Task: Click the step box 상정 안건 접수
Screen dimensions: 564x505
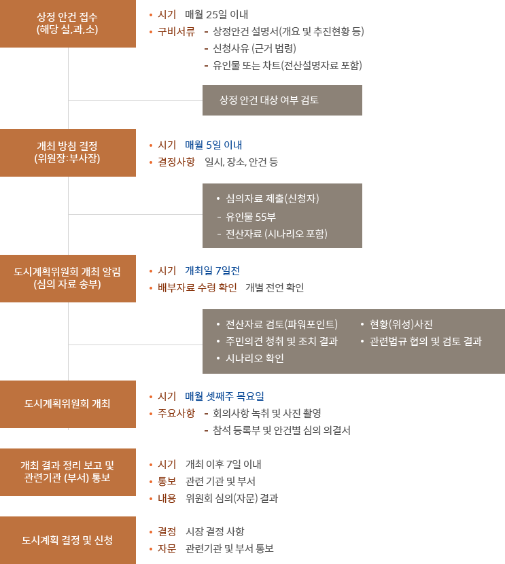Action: [x=68, y=24]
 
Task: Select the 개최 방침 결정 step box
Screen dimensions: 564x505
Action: [x=68, y=152]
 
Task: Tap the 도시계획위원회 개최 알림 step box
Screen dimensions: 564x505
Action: [x=68, y=278]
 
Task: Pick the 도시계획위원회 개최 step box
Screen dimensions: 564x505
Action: [x=68, y=404]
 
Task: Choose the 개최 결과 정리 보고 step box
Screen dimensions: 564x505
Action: [x=68, y=472]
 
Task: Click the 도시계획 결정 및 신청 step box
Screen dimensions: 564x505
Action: [x=68, y=540]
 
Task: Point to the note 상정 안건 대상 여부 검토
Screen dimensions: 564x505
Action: [x=269, y=100]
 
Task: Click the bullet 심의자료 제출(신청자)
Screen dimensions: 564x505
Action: [x=272, y=199]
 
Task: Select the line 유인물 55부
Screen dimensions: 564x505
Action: [x=251, y=217]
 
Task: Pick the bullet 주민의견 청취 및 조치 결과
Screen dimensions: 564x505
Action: [x=281, y=341]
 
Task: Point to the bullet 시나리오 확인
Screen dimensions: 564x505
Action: [x=254, y=359]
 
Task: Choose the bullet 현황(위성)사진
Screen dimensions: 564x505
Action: [x=401, y=323]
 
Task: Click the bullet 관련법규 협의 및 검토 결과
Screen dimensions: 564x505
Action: [x=425, y=341]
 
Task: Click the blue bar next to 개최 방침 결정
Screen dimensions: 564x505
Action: [x=213, y=145]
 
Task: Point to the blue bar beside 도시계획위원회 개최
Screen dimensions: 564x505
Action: [x=224, y=396]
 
